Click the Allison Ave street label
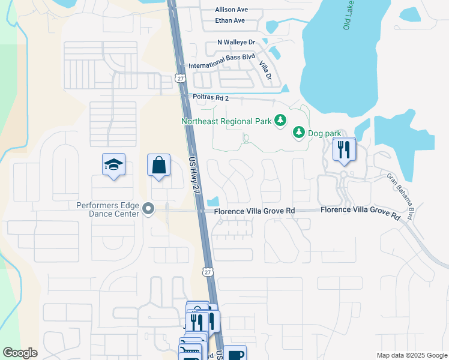coord(231,10)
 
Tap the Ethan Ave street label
coord(231,20)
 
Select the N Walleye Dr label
coord(237,43)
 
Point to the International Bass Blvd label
coord(222,65)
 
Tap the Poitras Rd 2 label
coord(211,97)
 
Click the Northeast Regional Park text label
coord(226,121)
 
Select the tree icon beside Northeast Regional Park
coord(280,121)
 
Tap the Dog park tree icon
coord(298,133)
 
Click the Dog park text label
coord(324,133)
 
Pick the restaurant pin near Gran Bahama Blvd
coord(344,149)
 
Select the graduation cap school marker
coord(113,164)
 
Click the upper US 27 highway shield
coord(181,78)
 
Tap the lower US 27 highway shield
coord(208,272)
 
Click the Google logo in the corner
coord(20,353)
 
